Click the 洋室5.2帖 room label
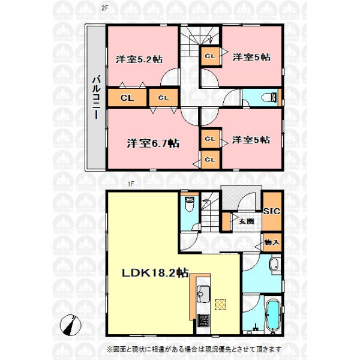[139, 59]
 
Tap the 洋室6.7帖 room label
[153, 143]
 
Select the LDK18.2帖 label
[155, 273]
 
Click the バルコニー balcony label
[96, 98]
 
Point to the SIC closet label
[272, 211]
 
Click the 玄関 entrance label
[246, 221]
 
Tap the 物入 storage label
[272, 242]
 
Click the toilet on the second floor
[270, 97]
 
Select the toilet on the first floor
[190, 205]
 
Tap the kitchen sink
[203, 294]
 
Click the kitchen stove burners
[203, 320]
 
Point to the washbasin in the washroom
[274, 265]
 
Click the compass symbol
[70, 325]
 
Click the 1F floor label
[130, 184]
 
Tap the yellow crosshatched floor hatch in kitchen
[221, 305]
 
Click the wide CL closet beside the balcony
[127, 98]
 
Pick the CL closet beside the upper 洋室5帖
[211, 56]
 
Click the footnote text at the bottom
[194, 349]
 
